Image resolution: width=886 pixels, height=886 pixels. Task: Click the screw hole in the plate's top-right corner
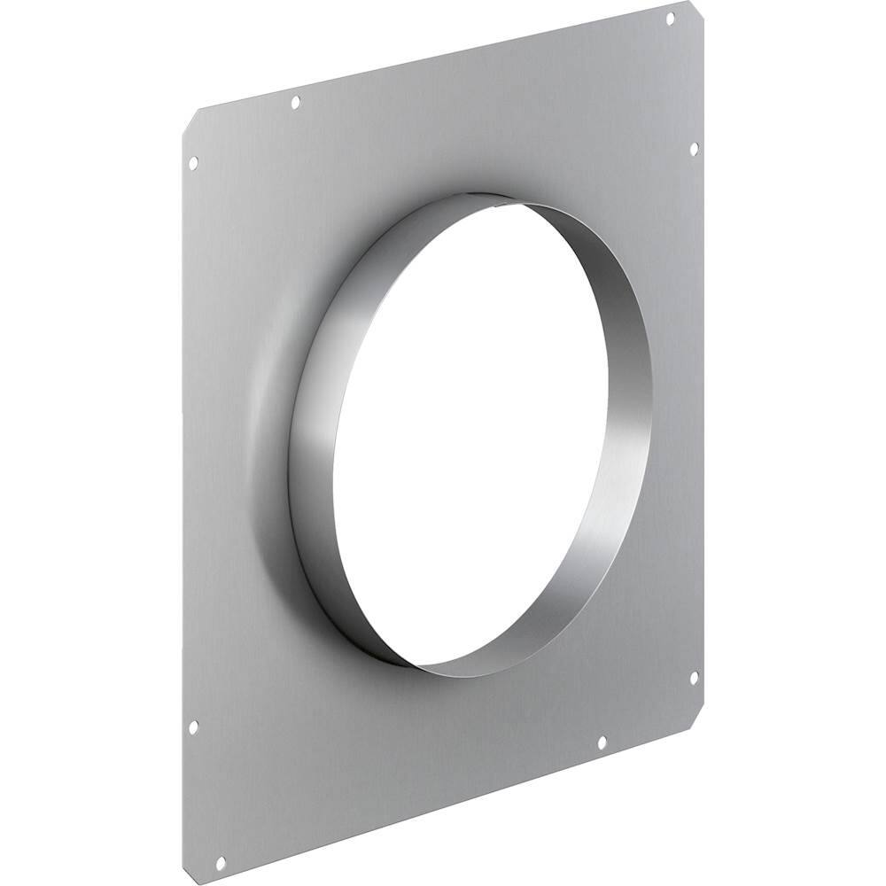pos(670,17)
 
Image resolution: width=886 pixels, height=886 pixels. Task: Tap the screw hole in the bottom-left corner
pos(221,835)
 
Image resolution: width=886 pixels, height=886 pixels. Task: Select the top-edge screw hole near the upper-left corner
pos(296,103)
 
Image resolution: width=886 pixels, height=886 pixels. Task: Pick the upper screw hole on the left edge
pos(193,163)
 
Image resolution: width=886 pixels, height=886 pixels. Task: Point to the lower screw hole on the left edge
pos(194,727)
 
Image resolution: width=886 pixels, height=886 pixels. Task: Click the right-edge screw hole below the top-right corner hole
pos(694,148)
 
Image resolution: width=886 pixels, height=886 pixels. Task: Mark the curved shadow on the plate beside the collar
pos(266,416)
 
